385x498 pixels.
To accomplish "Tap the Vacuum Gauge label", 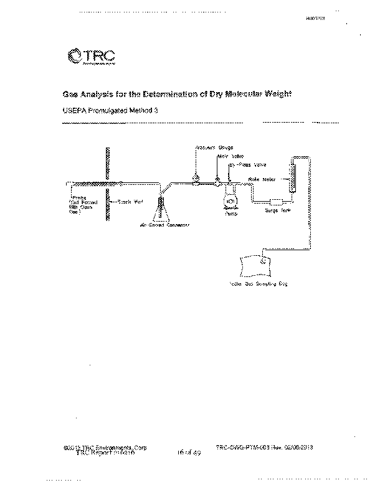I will [211, 148].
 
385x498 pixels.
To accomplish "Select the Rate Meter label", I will [262, 179].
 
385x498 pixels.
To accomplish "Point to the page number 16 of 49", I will [187, 453].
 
